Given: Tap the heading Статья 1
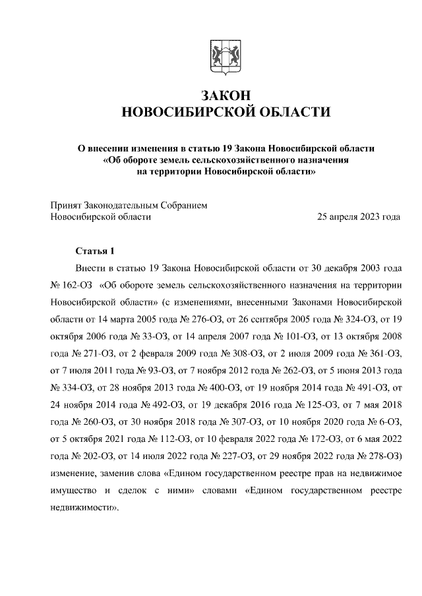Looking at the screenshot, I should [x=96, y=252].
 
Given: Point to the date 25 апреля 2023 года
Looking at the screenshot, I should [x=359, y=216].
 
